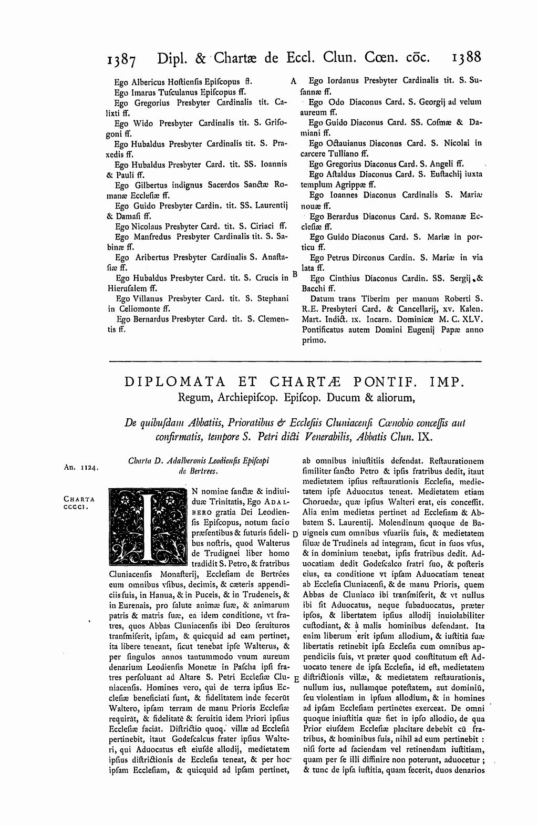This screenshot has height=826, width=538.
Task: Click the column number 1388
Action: (466, 56)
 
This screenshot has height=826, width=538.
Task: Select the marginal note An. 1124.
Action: (76, 466)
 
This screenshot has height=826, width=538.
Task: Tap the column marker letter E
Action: (295, 678)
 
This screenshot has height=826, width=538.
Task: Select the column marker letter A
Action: (293, 81)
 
